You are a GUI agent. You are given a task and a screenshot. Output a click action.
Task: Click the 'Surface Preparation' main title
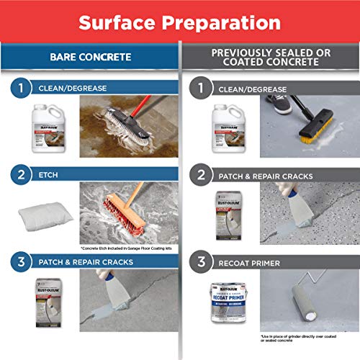coord(180,21)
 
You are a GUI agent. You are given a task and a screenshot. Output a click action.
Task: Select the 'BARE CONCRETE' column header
coord(89,55)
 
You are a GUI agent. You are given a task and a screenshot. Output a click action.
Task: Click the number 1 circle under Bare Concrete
coord(20,89)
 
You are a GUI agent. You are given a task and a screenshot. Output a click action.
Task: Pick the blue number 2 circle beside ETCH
coord(20,173)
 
